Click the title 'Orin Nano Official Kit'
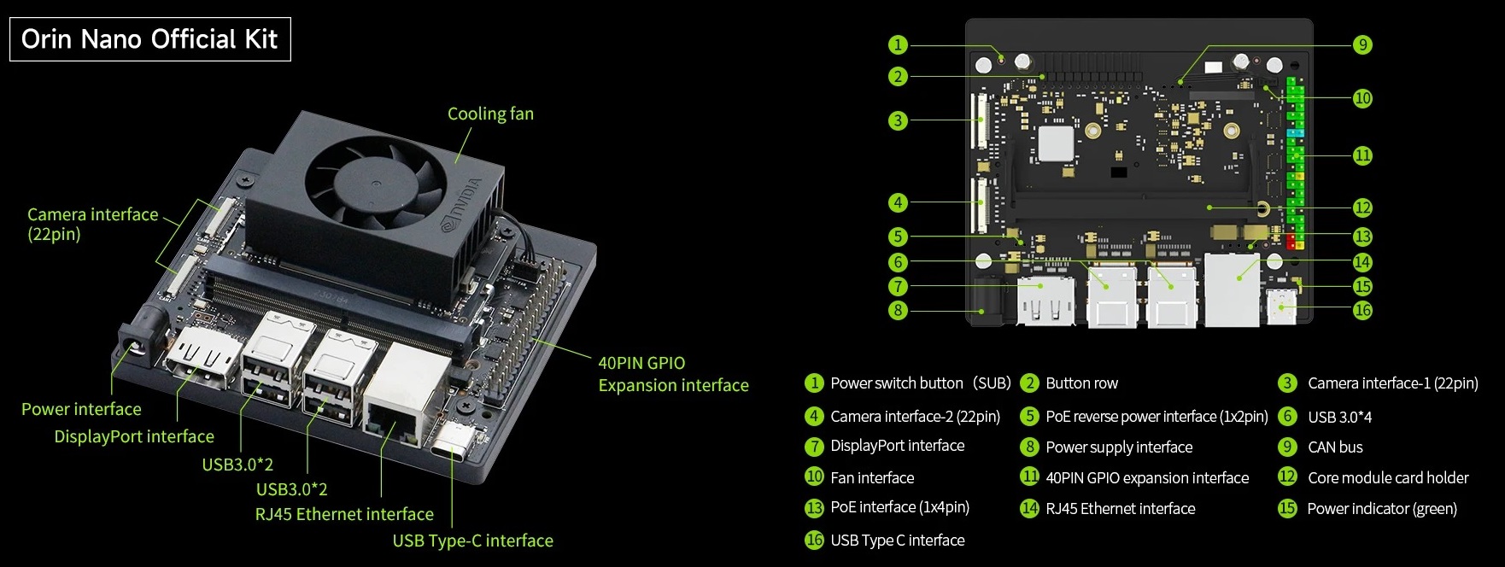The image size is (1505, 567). point(149,39)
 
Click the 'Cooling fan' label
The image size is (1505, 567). point(490,114)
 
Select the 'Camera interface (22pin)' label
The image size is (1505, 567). point(92,224)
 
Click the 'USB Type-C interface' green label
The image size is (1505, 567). point(472,541)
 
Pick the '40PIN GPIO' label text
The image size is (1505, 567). point(641,363)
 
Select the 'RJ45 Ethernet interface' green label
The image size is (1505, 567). point(344,514)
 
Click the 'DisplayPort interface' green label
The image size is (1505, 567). point(134,436)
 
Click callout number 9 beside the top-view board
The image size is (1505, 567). point(1362,44)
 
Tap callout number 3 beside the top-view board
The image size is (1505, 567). point(898,120)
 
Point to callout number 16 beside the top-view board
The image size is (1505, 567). point(1362,310)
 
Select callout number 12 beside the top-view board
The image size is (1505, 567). point(1362,208)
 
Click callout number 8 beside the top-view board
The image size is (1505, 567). point(898,310)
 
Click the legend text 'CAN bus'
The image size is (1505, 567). point(1335,447)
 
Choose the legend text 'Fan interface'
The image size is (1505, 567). point(872,477)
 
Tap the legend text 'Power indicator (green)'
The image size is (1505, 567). point(1382,509)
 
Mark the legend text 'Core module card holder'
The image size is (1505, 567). point(1388,477)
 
